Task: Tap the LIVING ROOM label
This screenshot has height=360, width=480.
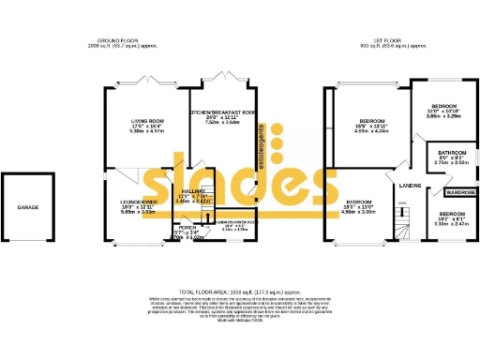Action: click(147, 121)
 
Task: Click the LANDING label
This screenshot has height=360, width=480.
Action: click(408, 185)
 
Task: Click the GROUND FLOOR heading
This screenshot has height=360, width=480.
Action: click(117, 41)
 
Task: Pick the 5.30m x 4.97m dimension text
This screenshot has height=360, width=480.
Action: click(147, 132)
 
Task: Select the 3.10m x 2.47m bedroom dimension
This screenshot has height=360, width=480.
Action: click(452, 225)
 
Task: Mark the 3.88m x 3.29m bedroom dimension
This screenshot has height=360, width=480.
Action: click(443, 117)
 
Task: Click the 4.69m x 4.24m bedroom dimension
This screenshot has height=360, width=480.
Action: click(372, 132)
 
